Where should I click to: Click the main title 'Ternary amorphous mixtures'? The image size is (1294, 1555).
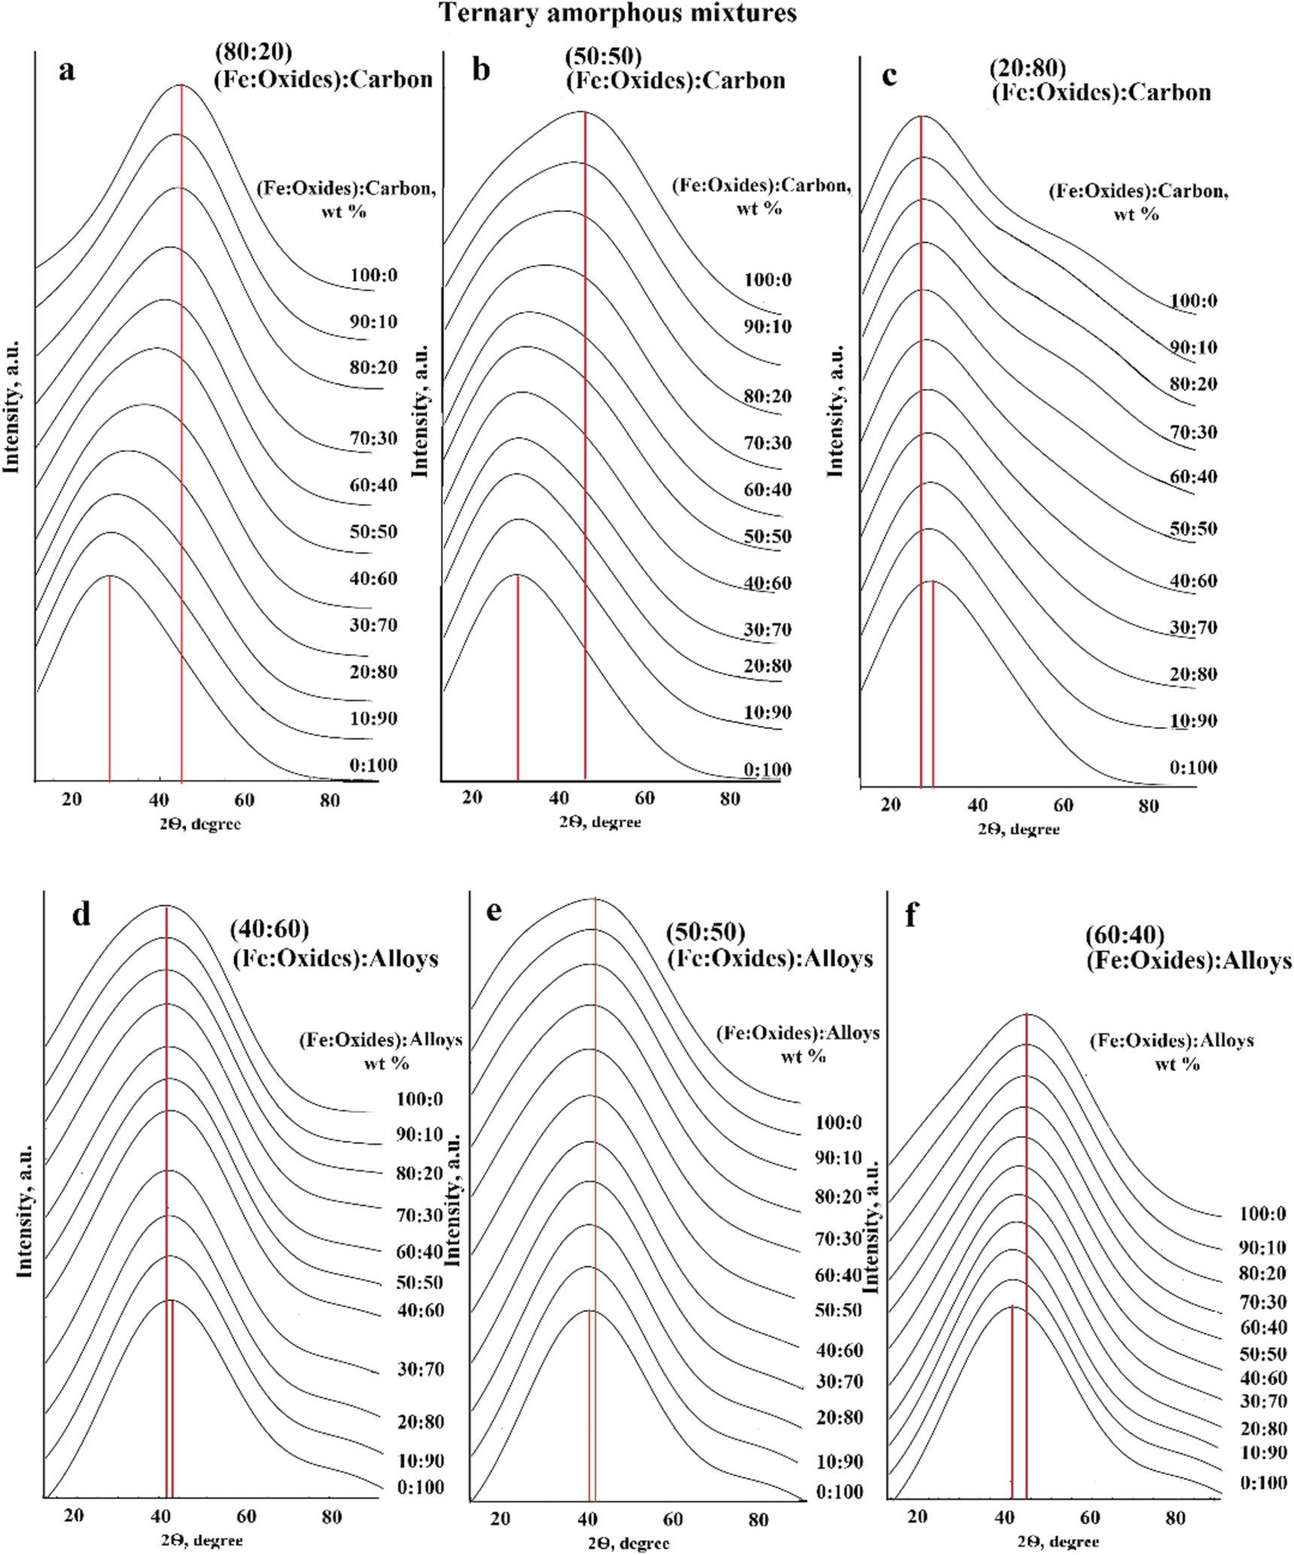tap(617, 13)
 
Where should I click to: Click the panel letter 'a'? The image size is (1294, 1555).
tap(67, 71)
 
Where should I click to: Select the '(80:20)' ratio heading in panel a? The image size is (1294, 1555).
tap(253, 52)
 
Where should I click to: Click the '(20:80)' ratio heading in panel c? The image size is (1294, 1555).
tap(1027, 68)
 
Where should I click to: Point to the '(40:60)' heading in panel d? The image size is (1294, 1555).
tap(269, 930)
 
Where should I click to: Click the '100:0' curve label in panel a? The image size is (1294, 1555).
tap(373, 275)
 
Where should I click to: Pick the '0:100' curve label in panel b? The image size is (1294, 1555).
tap(767, 770)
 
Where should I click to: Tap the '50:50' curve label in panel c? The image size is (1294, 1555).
tap(1193, 528)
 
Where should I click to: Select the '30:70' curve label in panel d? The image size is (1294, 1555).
tap(421, 1369)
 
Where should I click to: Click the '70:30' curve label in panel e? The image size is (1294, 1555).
tap(838, 1238)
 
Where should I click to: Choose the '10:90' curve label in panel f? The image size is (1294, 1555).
tap(1263, 1453)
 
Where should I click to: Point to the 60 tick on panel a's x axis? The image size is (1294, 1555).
tap(244, 800)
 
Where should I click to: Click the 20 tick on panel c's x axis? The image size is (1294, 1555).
tap(891, 806)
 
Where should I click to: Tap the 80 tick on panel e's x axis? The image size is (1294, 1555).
tap(758, 1520)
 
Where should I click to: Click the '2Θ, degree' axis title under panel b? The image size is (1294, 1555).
tap(600, 822)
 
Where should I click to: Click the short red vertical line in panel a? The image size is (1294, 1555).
tap(110, 677)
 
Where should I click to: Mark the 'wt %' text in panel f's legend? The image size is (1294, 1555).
tap(1177, 1065)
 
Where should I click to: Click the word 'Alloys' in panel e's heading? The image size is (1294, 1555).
tap(838, 958)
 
